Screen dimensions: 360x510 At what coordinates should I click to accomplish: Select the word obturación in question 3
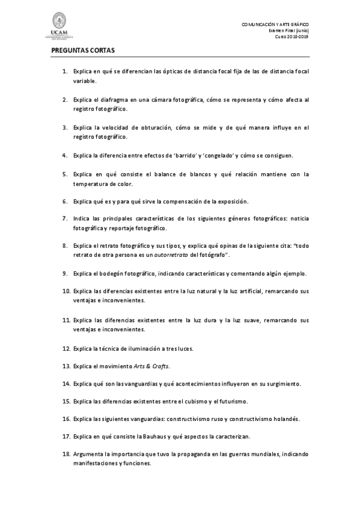[155, 127]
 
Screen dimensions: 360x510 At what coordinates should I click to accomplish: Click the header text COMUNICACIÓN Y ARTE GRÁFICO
[275, 24]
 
